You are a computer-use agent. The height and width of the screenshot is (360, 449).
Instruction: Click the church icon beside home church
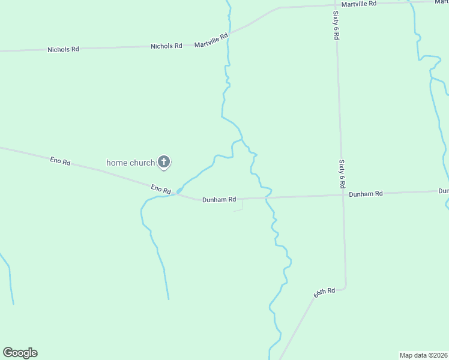coord(164,161)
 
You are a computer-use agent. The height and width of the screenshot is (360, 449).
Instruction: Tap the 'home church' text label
coord(130,162)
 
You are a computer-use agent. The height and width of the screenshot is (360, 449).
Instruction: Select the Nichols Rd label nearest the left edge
coord(63,49)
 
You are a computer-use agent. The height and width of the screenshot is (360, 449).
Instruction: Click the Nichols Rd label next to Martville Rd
coord(166,46)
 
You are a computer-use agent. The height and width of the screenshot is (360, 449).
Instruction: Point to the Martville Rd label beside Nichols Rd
coord(211,40)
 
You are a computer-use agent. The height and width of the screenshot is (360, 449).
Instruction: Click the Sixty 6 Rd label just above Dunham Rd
coord(342,174)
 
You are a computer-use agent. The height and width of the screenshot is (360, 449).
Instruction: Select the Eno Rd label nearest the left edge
coord(60,161)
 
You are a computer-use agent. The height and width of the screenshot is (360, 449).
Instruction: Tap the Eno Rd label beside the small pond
coord(161,189)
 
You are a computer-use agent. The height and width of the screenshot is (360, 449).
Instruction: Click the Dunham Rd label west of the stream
coord(219,199)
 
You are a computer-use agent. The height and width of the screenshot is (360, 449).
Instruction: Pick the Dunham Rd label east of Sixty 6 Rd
coord(366,194)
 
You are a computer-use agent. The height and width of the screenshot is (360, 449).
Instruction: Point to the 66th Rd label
coord(324,293)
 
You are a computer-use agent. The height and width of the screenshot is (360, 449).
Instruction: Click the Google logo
coord(20,353)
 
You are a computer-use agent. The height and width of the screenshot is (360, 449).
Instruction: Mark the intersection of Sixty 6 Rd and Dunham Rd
coord(343,194)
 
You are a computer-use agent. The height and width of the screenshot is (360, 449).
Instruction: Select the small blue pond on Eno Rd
coord(179,191)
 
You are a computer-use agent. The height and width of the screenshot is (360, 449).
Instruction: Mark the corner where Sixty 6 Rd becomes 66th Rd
coord(345,287)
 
